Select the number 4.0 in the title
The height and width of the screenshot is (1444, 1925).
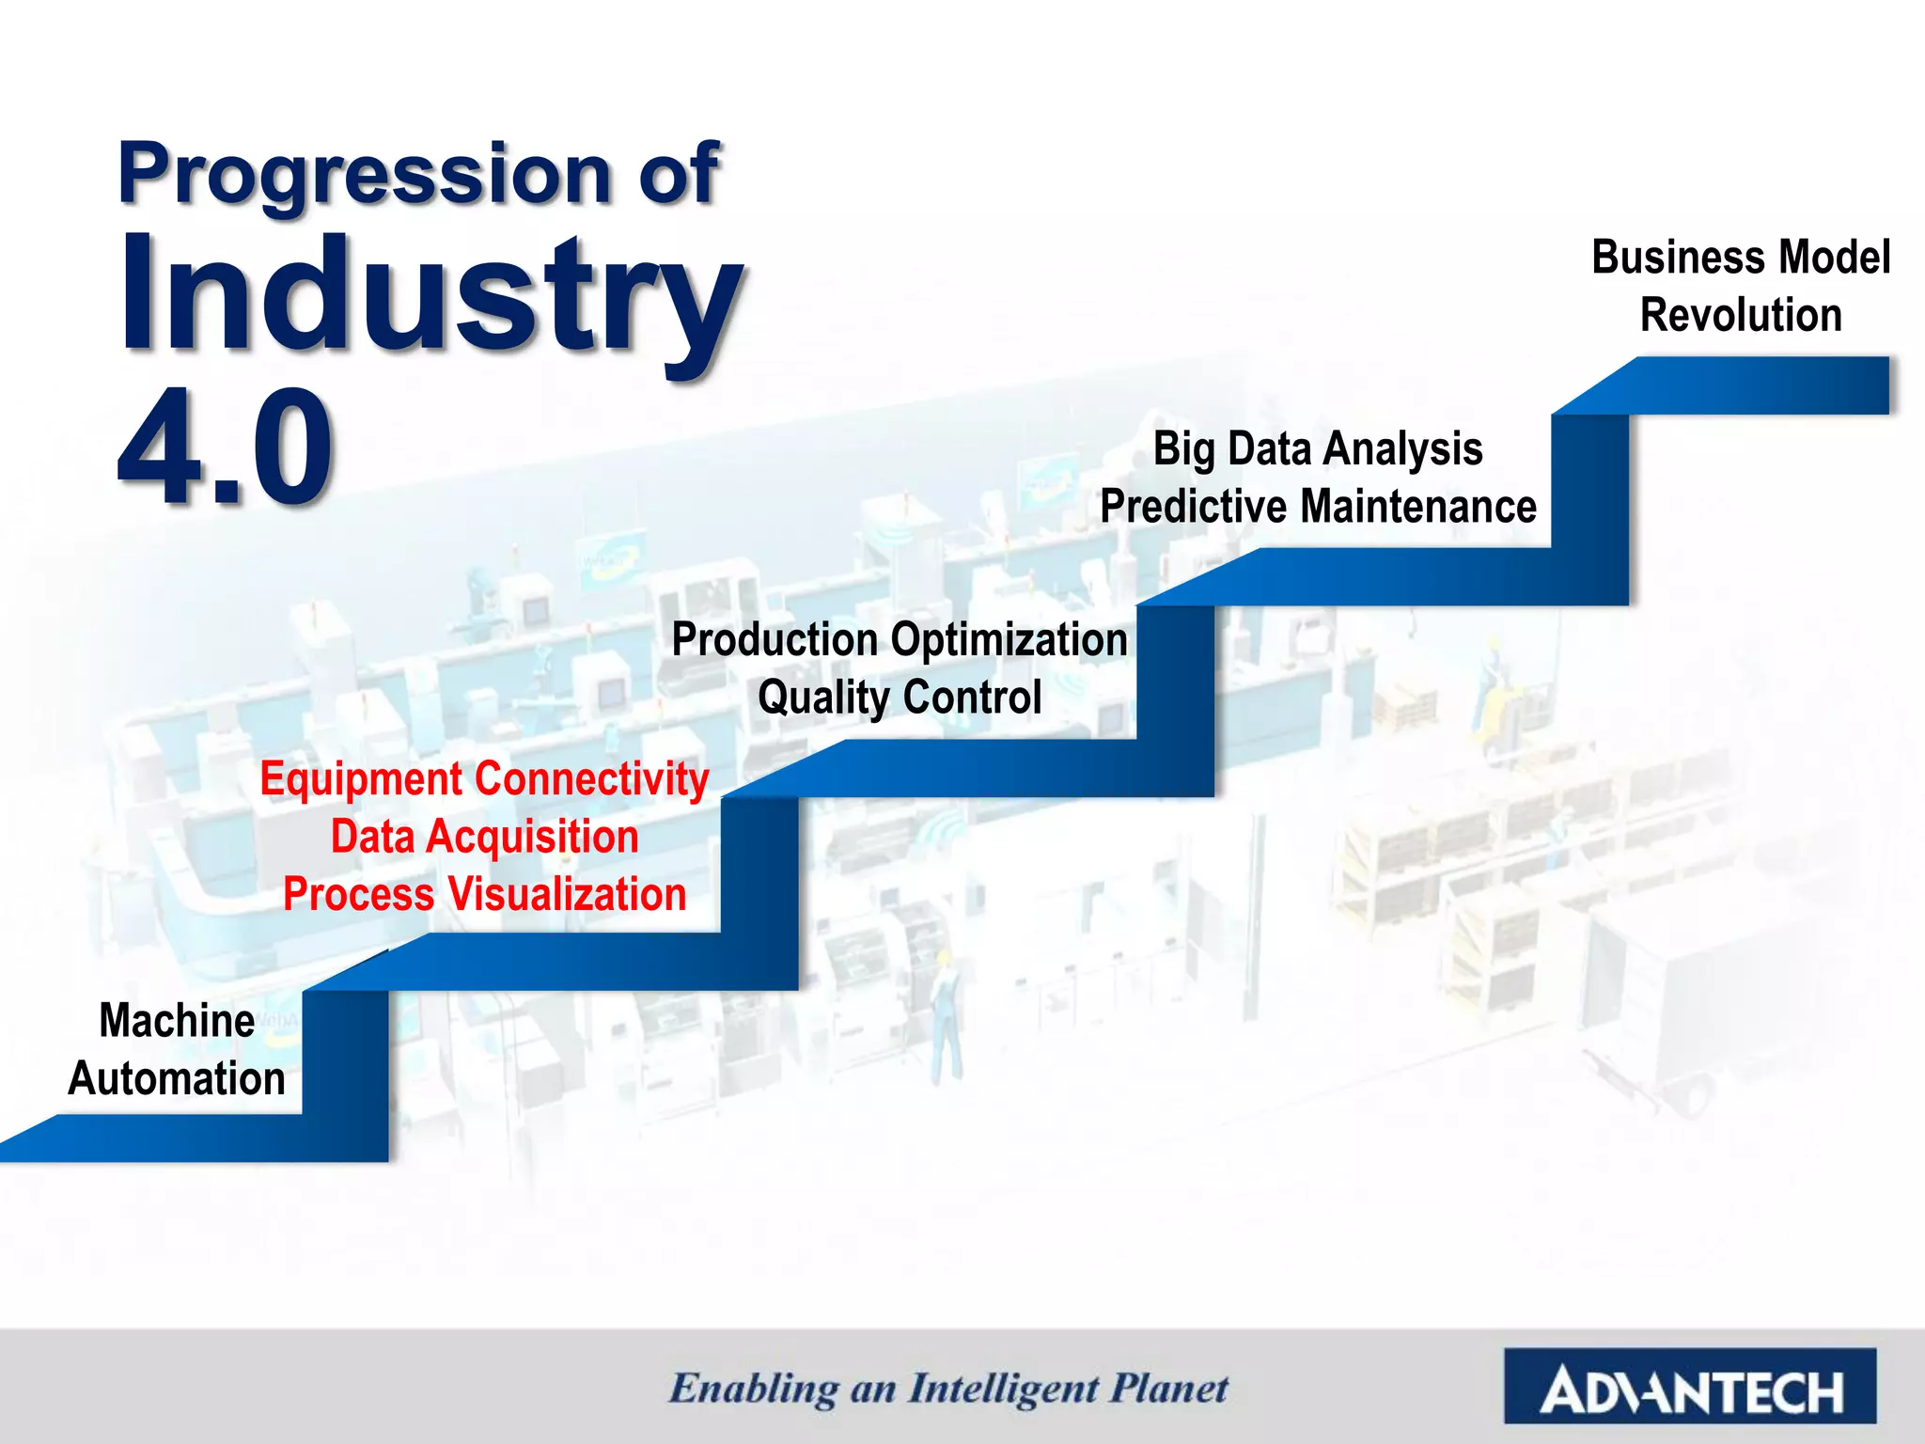pos(226,449)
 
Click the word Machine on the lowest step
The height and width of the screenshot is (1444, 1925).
pos(177,1021)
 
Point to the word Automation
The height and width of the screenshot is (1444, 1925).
pos(177,1079)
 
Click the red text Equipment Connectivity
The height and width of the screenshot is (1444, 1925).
pos(484,780)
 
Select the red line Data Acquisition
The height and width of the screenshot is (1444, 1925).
pos(484,838)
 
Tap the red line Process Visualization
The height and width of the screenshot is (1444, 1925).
pos(484,895)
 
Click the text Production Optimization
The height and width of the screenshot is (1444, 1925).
pos(900,641)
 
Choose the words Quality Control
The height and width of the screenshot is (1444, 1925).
pos(900,698)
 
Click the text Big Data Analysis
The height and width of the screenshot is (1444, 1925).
pos(1318,449)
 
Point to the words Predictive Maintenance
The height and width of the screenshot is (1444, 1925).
pos(1318,508)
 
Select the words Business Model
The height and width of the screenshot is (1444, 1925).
pos(1741,259)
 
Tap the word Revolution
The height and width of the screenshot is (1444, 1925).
pos(1741,316)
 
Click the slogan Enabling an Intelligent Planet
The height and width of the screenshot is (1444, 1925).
pos(947,1389)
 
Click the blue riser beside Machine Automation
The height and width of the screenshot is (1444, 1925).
pos(345,1072)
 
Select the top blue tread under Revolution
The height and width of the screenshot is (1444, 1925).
pos(1739,385)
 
